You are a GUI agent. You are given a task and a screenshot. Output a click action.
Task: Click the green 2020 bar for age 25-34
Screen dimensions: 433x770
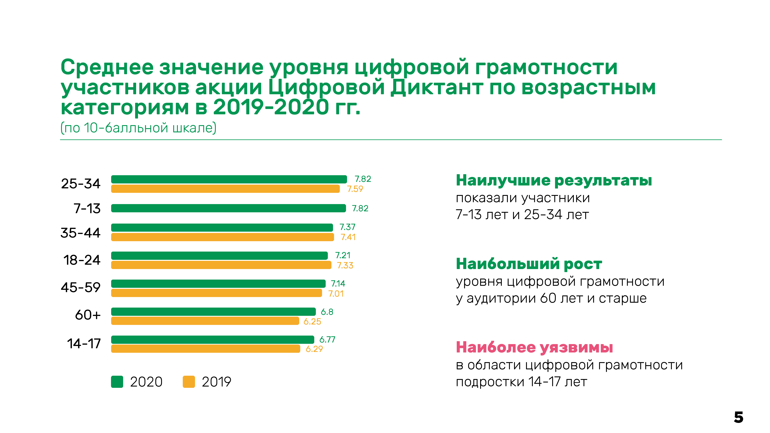(229, 179)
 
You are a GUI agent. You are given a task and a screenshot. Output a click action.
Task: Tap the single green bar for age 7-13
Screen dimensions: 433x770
(228, 208)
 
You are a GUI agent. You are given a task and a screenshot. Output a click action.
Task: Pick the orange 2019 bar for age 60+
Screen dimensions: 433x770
(205, 321)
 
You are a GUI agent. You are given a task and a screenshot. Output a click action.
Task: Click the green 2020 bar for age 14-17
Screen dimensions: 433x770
(212, 340)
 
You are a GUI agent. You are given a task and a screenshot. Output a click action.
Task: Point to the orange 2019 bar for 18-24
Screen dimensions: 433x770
(221, 265)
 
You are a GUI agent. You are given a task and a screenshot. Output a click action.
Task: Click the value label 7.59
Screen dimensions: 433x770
(355, 189)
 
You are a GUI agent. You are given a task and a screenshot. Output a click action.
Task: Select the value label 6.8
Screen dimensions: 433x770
(327, 312)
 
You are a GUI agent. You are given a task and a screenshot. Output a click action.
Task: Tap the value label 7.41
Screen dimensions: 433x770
(348, 237)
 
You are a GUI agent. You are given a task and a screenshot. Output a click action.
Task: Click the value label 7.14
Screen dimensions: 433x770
(338, 284)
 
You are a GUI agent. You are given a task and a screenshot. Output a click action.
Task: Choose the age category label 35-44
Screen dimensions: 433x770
(80, 233)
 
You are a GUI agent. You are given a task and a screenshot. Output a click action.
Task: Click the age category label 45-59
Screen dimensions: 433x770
(80, 288)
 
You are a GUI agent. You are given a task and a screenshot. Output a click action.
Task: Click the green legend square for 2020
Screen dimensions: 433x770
(117, 382)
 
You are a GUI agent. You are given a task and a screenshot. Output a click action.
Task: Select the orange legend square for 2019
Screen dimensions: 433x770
(189, 382)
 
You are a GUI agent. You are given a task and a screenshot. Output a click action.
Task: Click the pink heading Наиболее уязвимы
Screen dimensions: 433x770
(534, 348)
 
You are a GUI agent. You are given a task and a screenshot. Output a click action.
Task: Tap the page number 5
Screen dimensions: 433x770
(738, 417)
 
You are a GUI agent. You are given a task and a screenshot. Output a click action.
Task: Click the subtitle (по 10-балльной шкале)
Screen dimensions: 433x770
(138, 128)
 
